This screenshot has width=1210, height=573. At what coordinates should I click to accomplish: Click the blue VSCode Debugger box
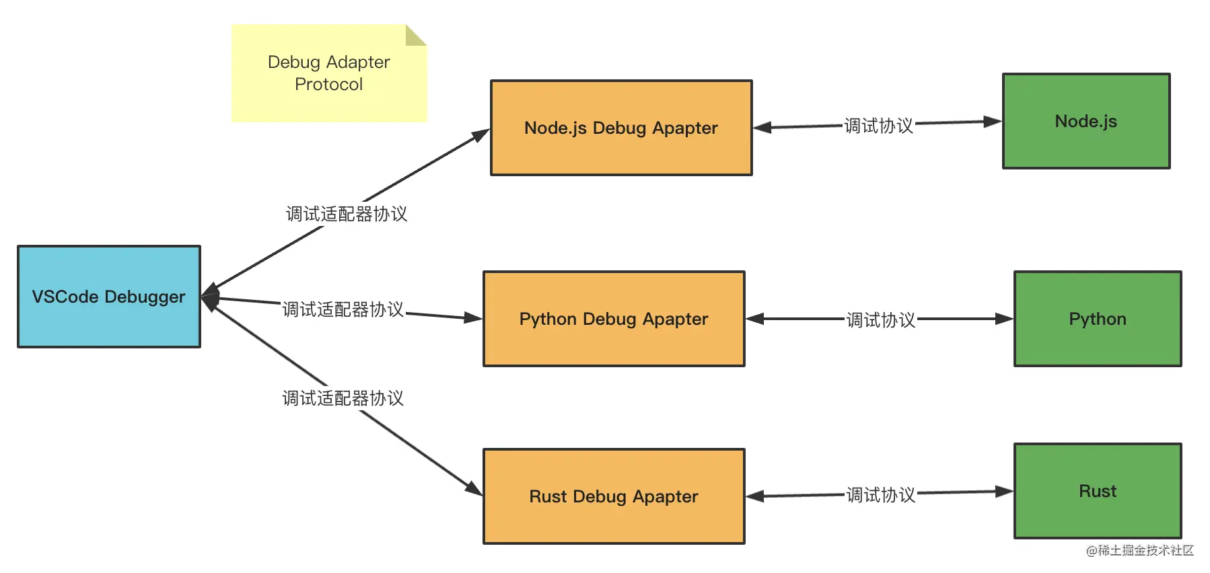(109, 297)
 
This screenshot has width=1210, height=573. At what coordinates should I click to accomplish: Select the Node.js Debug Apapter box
(621, 128)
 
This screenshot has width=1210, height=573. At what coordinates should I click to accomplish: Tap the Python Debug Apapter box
(614, 319)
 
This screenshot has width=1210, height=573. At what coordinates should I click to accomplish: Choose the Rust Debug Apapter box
(614, 496)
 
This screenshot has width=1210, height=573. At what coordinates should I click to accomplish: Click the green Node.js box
(1086, 121)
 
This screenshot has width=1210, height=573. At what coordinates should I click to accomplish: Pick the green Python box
(1098, 319)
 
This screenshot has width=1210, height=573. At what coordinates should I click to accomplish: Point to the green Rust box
(1098, 491)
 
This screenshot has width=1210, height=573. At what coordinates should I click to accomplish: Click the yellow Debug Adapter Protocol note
(329, 73)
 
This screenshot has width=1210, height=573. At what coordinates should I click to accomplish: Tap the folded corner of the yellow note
(416, 35)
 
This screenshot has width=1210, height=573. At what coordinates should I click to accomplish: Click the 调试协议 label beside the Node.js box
(878, 126)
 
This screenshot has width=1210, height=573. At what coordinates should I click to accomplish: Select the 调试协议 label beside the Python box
(881, 320)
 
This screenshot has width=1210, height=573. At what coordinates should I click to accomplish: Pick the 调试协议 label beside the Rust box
(881, 495)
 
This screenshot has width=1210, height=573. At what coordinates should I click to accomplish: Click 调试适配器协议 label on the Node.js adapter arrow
(347, 214)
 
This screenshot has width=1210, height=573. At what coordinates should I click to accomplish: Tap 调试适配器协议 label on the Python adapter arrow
(343, 309)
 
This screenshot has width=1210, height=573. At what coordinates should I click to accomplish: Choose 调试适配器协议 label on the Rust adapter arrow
(343, 398)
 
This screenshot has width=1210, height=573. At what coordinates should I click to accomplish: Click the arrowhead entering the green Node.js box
(993, 122)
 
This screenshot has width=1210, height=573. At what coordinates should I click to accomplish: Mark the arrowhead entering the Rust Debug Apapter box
(474, 489)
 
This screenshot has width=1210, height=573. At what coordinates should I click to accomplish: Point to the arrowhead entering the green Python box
(1005, 319)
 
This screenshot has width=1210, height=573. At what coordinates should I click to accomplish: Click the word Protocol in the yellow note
(329, 84)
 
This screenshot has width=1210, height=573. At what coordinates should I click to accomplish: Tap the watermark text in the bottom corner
(1140, 550)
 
